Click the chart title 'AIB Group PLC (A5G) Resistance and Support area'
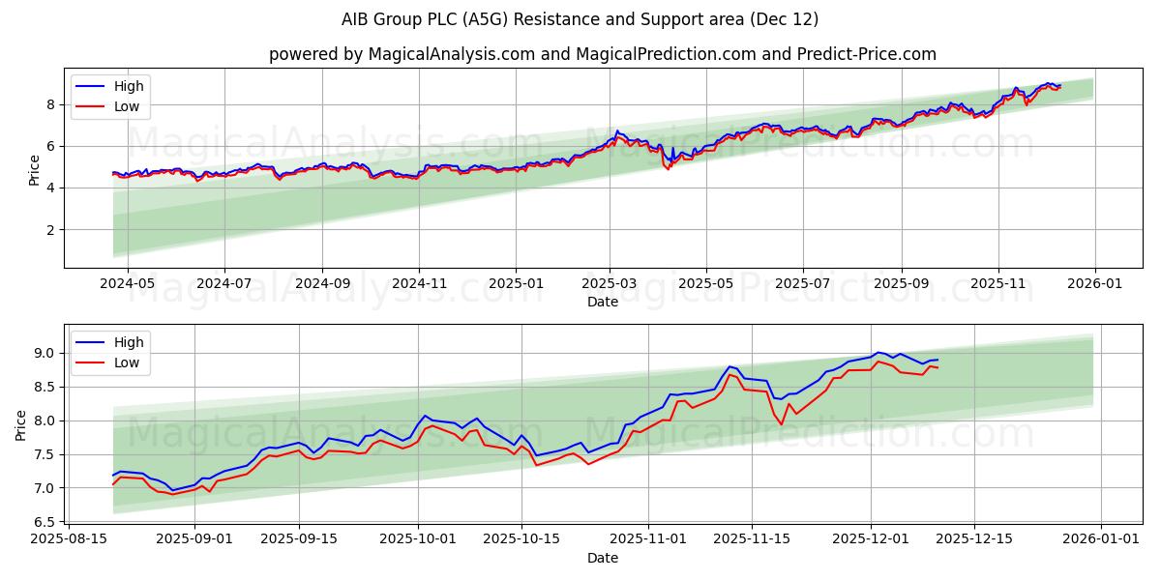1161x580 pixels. pos(580,19)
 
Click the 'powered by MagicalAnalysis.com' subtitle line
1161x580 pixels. pos(602,54)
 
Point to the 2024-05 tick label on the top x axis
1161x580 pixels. pos(127,283)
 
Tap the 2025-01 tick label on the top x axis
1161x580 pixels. pos(515,283)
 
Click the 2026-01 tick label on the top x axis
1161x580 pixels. pos(1095,283)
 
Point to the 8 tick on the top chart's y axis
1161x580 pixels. pos(49,104)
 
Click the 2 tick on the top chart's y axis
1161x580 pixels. pos(49,230)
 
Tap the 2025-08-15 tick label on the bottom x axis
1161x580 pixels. pos(69,539)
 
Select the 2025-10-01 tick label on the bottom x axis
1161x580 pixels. pos(418,539)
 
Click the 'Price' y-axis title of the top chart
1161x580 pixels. pos(35,170)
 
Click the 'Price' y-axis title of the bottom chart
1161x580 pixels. pos(21,425)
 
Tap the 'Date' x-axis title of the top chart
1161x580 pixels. pos(602,302)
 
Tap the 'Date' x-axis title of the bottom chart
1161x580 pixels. pos(602,558)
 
